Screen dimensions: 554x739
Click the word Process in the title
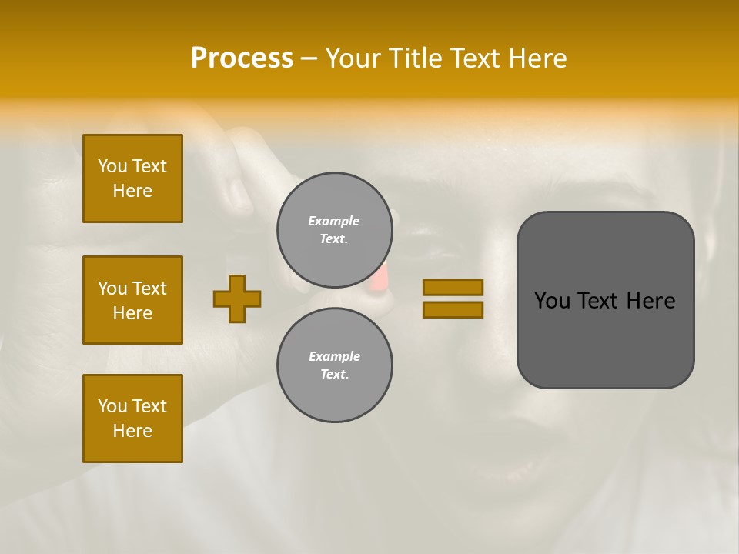242,58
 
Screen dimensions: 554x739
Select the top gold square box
132,179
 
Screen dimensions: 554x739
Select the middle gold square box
132,300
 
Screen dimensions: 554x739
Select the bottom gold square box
132,418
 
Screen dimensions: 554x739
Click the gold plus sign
237,299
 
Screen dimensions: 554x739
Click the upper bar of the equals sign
453,287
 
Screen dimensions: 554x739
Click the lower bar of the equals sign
453,310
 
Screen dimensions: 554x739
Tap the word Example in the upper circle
334,221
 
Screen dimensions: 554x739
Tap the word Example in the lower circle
334,356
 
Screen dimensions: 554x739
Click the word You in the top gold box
112,166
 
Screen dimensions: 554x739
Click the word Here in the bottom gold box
132,431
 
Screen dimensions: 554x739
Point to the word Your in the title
356,58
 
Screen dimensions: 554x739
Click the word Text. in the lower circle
334,375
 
